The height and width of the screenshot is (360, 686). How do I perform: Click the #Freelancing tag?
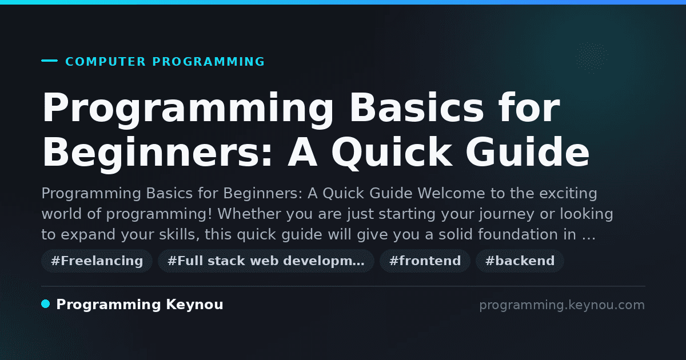97,261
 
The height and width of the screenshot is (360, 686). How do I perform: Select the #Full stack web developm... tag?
266,261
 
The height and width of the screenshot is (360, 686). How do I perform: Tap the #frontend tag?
425,261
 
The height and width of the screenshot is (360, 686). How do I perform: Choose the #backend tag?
520,261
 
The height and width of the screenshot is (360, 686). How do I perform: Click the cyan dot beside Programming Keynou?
45,304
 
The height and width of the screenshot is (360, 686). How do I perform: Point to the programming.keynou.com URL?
562,305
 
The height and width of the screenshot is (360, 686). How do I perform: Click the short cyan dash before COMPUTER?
49,61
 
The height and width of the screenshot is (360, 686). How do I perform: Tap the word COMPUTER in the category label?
105,62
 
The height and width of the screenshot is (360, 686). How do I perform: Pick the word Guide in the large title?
527,152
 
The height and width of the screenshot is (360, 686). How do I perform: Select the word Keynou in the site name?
194,304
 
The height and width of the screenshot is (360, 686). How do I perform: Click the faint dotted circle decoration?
592,58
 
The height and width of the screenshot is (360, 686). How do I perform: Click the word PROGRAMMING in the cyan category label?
208,62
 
